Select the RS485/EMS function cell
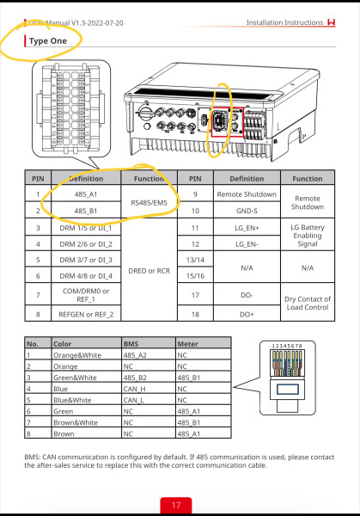pyautogui.click(x=149, y=203)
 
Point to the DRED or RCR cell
pyautogui.click(x=149, y=269)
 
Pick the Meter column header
pyautogui.click(x=186, y=341)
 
